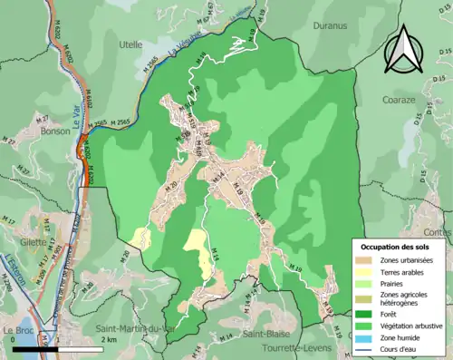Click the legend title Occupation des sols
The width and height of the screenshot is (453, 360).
(397, 247)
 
